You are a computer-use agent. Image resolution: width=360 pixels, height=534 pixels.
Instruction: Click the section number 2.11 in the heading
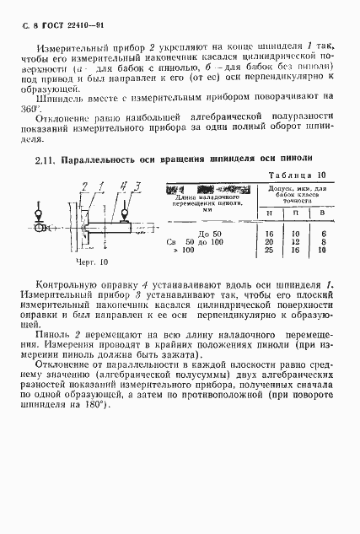(46, 159)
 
